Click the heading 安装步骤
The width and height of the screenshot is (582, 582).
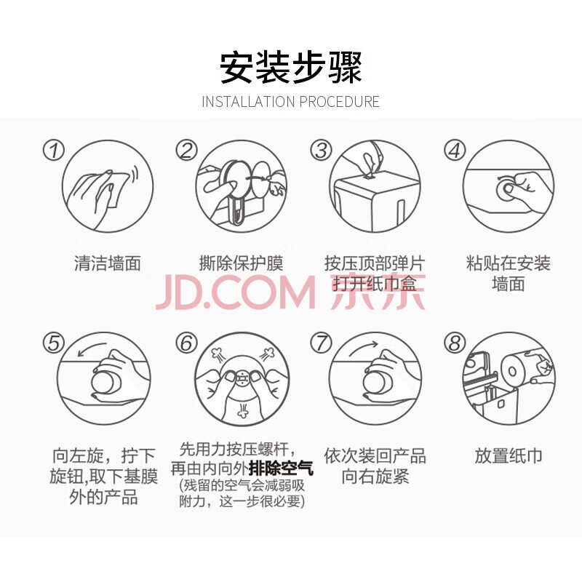click(290, 68)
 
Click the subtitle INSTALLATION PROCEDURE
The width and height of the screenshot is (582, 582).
click(290, 102)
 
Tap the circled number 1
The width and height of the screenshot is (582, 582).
click(54, 151)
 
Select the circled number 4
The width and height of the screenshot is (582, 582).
click(455, 151)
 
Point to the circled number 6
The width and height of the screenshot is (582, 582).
click(186, 342)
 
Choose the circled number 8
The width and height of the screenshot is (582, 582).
click(455, 342)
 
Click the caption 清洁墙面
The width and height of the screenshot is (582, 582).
click(108, 263)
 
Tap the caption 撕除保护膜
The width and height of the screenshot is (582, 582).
click(242, 263)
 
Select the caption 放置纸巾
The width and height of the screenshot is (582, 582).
click(509, 456)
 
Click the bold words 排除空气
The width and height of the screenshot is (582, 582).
click(281, 469)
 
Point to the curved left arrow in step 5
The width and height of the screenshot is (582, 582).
click(92, 349)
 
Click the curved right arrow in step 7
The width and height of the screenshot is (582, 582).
click(364, 348)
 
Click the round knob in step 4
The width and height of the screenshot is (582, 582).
click(506, 189)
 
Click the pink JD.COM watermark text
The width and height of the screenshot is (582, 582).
click(235, 292)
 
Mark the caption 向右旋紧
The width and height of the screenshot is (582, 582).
click(375, 477)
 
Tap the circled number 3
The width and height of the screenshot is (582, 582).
click(321, 151)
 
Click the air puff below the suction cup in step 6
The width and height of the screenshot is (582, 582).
click(242, 410)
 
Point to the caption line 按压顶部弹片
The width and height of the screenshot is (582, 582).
click(375, 263)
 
